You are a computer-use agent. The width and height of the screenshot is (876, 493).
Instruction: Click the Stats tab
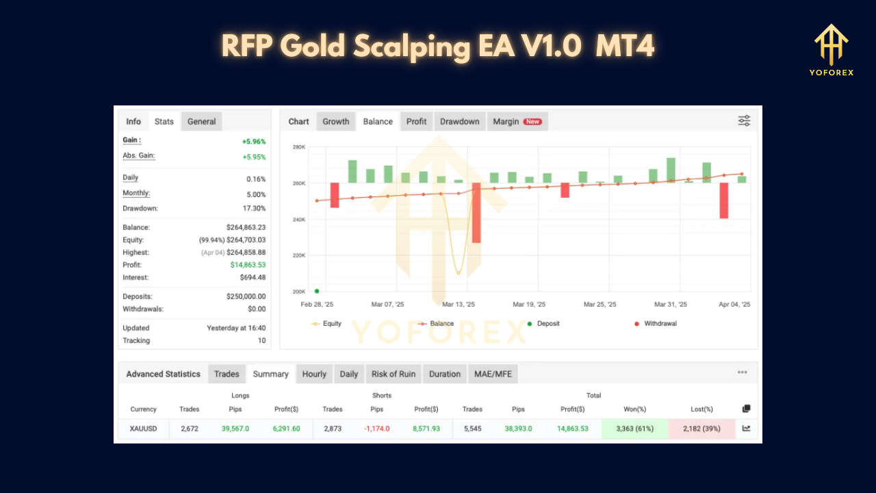(x=164, y=122)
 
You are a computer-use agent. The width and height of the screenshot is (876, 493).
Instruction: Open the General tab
(x=202, y=122)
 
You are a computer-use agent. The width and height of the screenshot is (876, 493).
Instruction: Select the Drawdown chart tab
(x=459, y=122)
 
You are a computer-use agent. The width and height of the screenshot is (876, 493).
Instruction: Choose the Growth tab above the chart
(x=336, y=122)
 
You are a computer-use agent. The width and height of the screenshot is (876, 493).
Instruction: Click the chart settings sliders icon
(x=744, y=121)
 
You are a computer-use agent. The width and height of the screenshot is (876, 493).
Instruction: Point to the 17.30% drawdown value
(x=253, y=208)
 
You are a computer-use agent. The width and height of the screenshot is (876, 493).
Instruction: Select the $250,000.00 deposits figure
(x=246, y=296)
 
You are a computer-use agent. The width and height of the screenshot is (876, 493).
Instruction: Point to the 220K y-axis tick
(x=298, y=255)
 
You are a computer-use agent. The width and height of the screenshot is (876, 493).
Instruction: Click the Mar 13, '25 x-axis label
(x=458, y=305)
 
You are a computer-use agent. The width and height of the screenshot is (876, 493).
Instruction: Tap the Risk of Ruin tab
(x=393, y=374)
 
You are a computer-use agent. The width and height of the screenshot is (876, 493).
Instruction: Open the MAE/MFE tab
(x=493, y=374)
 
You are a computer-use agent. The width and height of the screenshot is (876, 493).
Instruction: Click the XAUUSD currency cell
(x=143, y=429)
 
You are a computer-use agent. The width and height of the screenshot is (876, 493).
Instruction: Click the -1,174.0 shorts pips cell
(x=377, y=429)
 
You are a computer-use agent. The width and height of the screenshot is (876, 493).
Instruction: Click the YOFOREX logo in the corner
(x=831, y=50)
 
